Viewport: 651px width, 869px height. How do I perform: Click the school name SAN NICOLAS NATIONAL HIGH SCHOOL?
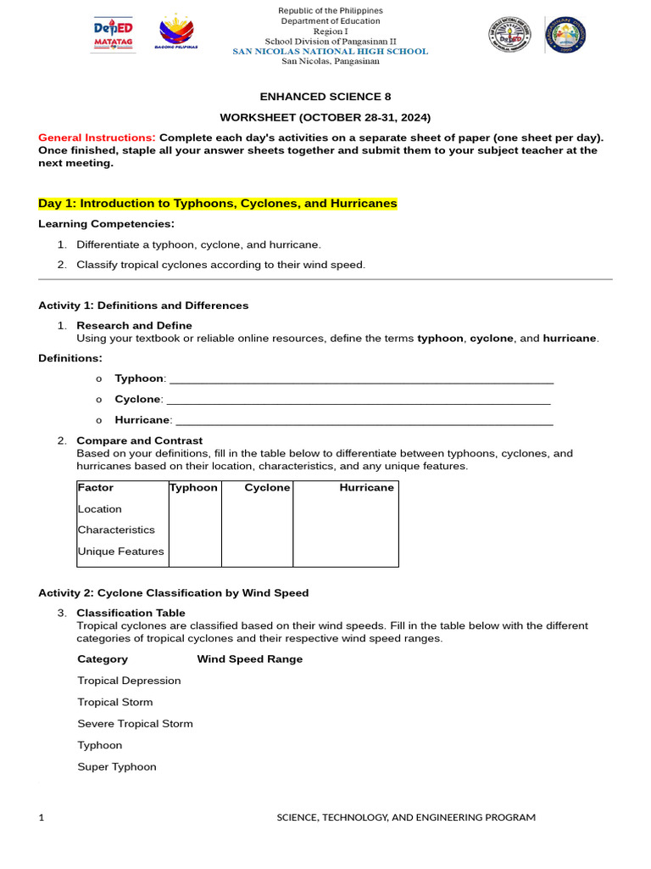tap(331, 51)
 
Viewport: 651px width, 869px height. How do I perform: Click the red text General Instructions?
tap(97, 137)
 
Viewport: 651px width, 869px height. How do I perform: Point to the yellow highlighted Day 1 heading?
tap(218, 204)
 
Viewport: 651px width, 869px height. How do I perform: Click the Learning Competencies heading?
tap(106, 224)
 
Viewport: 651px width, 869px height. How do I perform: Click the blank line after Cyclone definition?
tap(358, 399)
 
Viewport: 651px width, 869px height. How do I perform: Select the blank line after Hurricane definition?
tap(364, 420)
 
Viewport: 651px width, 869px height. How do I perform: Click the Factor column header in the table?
tap(96, 488)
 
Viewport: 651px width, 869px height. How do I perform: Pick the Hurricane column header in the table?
tap(366, 488)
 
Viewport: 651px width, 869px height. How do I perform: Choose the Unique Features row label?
tap(120, 552)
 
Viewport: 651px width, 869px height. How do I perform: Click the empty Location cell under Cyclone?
tap(257, 509)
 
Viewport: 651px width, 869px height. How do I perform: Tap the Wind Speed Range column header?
tap(249, 659)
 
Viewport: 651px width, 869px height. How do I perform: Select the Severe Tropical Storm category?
tap(135, 724)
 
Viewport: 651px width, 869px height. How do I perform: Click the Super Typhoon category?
tap(117, 767)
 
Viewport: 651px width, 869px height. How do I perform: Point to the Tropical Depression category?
tap(129, 681)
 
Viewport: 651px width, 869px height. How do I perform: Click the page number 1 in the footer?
tap(41, 817)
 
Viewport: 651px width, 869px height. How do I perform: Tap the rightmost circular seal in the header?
tap(565, 35)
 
